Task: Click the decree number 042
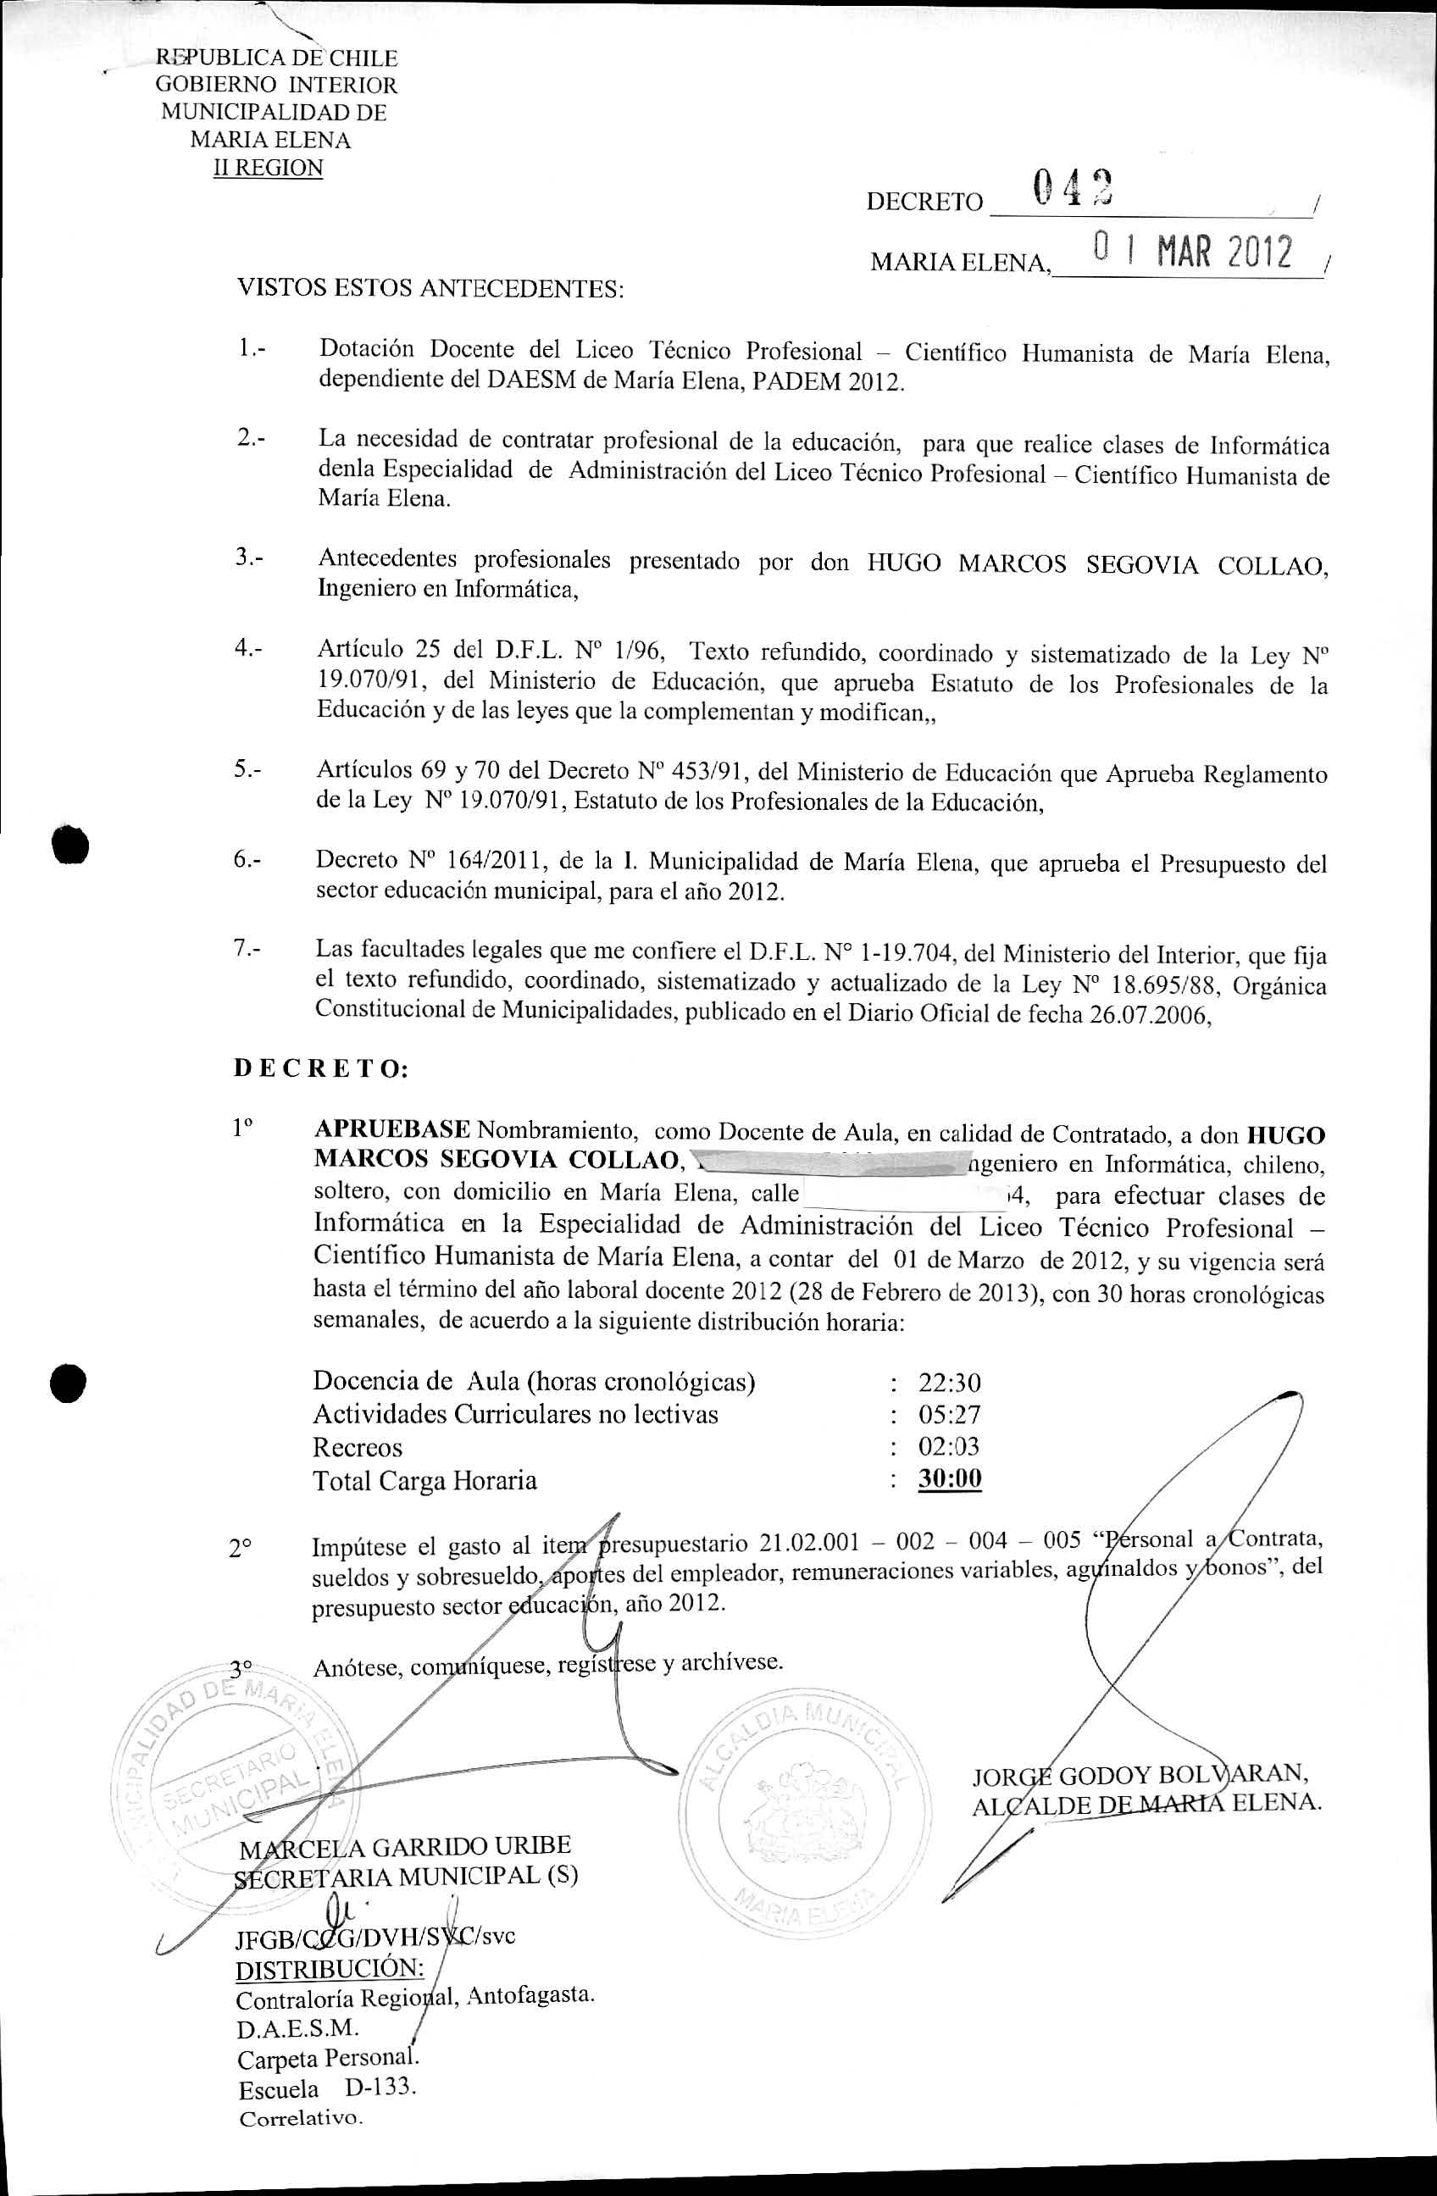[1072, 188]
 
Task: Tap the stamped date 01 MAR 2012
[1192, 251]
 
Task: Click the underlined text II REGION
[269, 169]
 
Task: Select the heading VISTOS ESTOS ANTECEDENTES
[431, 289]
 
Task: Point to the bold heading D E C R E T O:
[320, 1069]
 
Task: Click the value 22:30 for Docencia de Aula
[949, 1384]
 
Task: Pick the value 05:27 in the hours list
[949, 1415]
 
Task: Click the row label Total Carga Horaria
[424, 1481]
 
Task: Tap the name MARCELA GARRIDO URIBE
[405, 1846]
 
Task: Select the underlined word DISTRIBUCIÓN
[330, 1969]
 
